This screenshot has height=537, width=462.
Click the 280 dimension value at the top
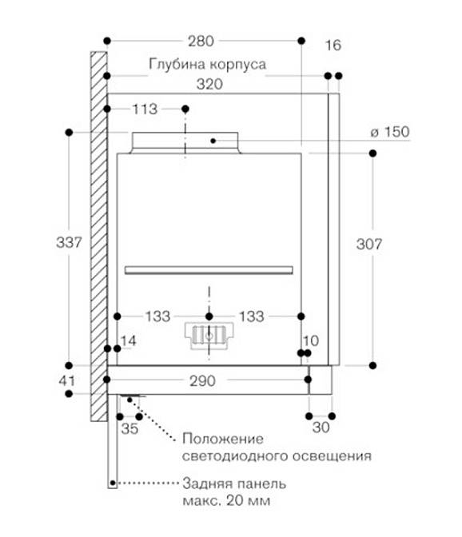click(x=201, y=41)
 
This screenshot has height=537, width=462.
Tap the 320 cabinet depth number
click(x=209, y=84)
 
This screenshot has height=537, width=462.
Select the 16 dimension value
click(x=333, y=46)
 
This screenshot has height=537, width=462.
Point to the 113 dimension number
click(x=145, y=109)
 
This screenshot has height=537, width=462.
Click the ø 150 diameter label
click(x=390, y=132)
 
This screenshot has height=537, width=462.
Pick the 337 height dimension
click(x=69, y=242)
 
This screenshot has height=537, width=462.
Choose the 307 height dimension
click(x=368, y=245)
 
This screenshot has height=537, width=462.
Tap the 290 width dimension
click(x=203, y=381)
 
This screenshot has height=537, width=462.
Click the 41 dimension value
click(x=66, y=381)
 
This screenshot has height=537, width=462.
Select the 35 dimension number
click(x=129, y=428)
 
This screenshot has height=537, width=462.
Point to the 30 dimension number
click(x=321, y=427)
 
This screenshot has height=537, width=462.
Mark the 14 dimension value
click(x=129, y=340)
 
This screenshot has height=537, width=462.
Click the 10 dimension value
click(x=311, y=340)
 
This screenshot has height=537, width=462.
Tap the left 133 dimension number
click(x=158, y=316)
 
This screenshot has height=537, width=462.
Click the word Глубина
click(x=177, y=64)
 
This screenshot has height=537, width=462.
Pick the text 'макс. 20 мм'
click(x=226, y=501)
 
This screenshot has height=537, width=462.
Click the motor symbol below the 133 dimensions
click(x=209, y=336)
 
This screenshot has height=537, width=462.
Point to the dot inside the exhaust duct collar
click(x=213, y=141)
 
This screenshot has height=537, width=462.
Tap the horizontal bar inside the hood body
click(x=209, y=270)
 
